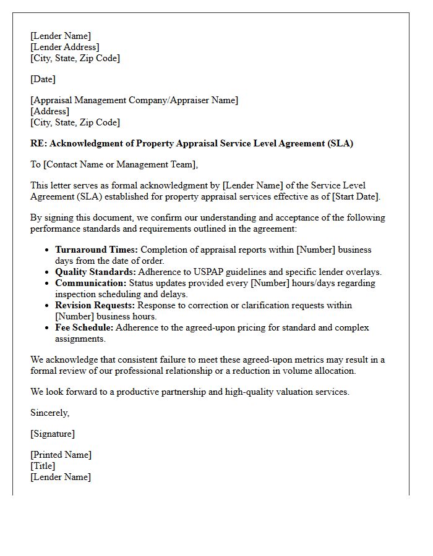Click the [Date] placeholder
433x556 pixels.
click(x=43, y=79)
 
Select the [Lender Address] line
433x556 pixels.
click(x=64, y=47)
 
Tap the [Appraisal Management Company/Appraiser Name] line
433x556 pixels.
click(x=134, y=100)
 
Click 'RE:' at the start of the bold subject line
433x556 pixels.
click(x=38, y=143)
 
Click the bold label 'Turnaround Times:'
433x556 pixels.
click(x=97, y=250)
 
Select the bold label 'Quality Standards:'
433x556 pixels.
click(x=95, y=272)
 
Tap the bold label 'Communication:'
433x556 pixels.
click(x=90, y=283)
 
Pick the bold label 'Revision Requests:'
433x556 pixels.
click(x=95, y=305)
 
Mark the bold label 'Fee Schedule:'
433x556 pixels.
click(x=84, y=327)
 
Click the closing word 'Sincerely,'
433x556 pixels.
click(x=50, y=413)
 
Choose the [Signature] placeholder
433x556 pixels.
click(x=53, y=434)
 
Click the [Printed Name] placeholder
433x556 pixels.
click(x=61, y=455)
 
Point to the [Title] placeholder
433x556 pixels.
click(x=43, y=466)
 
